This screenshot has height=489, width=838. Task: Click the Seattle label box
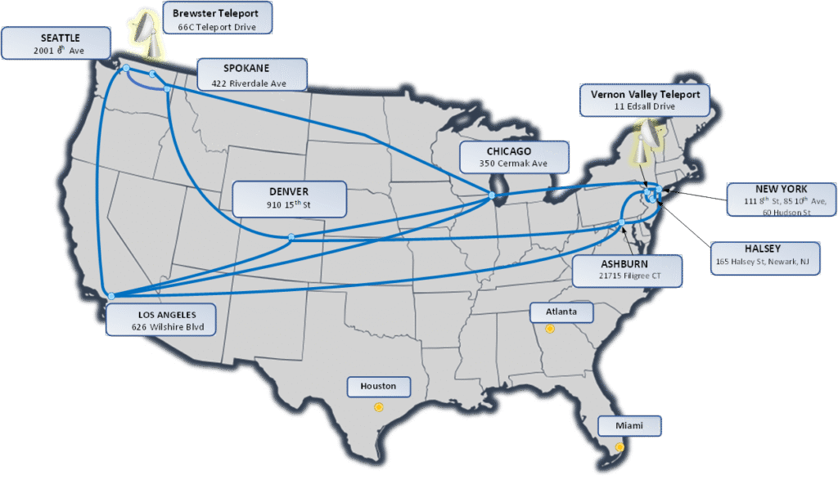click(56, 43)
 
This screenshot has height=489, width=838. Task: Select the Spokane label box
click(252, 74)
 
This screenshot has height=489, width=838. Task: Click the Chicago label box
click(513, 157)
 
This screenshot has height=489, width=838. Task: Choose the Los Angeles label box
click(161, 320)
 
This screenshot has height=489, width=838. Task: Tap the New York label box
click(782, 200)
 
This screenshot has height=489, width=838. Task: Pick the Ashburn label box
click(628, 271)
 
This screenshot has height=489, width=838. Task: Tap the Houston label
click(378, 386)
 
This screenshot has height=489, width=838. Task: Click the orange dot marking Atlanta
click(550, 329)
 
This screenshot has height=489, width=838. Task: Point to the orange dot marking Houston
click(378, 406)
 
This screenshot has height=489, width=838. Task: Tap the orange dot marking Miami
click(619, 447)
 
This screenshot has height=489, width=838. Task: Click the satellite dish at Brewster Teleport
click(147, 33)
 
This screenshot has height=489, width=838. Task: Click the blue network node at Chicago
click(492, 195)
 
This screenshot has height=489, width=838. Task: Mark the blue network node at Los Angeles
click(111, 296)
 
